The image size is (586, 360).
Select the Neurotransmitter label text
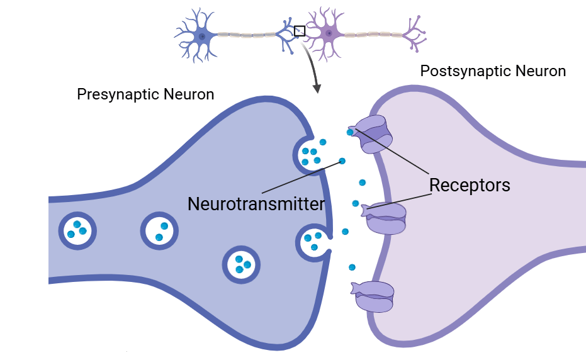256,204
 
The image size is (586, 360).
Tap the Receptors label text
469,185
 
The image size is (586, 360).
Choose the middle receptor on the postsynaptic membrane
386,218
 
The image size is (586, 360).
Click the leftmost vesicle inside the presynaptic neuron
77,230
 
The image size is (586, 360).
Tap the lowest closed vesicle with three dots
240,264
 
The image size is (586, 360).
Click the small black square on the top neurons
300,30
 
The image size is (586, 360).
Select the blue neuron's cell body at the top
201,37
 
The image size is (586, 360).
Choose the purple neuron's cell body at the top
328,33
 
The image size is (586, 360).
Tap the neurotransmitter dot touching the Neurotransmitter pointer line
342,161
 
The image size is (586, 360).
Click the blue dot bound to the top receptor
350,132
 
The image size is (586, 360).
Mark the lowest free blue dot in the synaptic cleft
352,267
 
